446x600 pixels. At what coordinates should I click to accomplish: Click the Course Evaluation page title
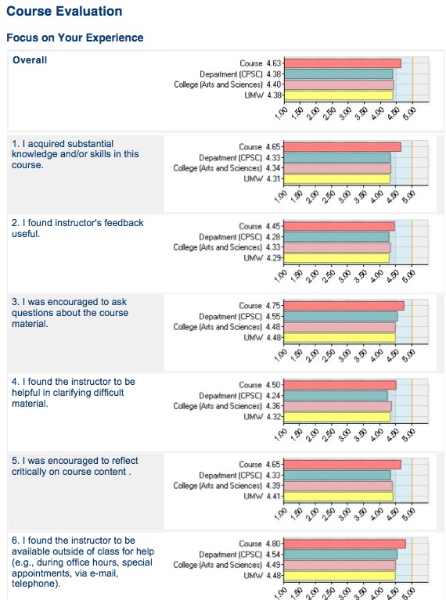tap(64, 11)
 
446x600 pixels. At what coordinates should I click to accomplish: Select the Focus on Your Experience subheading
tap(75, 38)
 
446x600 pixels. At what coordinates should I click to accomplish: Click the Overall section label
tap(30, 60)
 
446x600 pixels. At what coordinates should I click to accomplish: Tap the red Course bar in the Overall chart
tap(342, 63)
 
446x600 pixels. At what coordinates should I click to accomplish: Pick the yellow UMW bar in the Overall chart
tap(339, 95)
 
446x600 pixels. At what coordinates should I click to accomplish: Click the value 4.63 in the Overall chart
tap(274, 63)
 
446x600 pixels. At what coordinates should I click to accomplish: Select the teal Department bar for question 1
tap(337, 158)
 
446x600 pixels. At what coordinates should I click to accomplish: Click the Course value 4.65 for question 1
tap(273, 147)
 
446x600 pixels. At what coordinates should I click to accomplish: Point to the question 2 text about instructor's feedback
tap(77, 228)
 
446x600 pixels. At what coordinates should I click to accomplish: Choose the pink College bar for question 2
tap(337, 247)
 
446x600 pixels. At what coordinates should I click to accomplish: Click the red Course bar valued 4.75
tap(343, 306)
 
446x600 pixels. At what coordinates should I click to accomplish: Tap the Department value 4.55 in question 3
tap(273, 317)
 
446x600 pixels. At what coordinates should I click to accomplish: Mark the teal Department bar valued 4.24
tap(336, 396)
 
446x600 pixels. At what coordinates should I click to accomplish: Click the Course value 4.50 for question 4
tap(273, 385)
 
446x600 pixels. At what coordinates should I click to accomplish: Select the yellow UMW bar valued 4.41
tap(338, 496)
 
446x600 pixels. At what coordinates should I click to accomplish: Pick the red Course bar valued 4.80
tap(344, 544)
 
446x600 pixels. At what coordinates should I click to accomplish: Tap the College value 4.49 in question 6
tap(273, 565)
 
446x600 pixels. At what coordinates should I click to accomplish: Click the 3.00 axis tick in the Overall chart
tap(345, 113)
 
